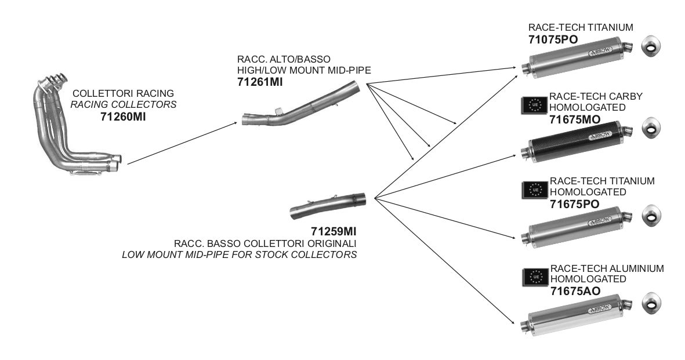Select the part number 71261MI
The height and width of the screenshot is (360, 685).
point(260,82)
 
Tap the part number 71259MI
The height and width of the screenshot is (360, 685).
point(333,231)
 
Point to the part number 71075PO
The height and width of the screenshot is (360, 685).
point(553,39)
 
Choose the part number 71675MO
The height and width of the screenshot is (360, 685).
point(574,120)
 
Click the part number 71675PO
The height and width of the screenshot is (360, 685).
point(574,204)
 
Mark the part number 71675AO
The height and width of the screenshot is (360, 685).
point(575,291)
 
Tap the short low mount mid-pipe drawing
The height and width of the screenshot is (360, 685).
point(328,204)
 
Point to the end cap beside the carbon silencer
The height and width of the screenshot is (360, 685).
point(651,128)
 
